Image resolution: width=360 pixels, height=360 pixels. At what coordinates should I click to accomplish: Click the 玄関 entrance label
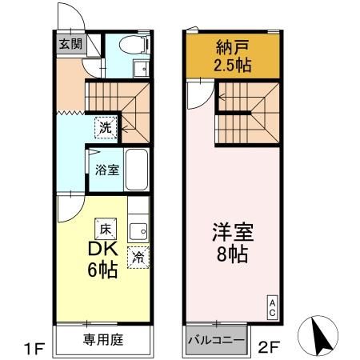tap(66, 45)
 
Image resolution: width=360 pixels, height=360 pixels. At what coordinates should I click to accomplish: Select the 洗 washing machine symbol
tap(105, 126)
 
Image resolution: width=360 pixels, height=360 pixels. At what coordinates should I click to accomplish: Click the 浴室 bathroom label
tap(105, 170)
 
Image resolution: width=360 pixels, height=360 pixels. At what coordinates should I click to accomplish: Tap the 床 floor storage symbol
tap(103, 227)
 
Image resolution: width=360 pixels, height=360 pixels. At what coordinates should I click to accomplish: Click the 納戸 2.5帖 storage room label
tap(234, 56)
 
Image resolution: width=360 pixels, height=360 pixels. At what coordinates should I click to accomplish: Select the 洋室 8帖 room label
tap(233, 244)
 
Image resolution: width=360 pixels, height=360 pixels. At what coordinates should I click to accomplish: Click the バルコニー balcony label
tap(216, 340)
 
